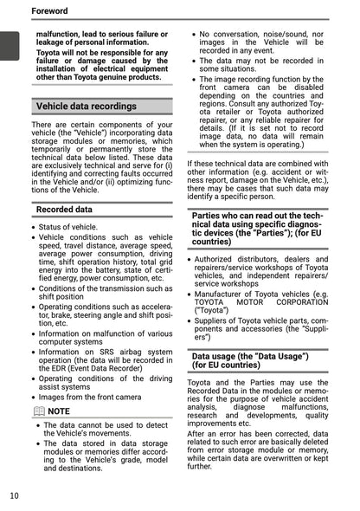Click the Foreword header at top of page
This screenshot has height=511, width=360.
[x=49, y=10]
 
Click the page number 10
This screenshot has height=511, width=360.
[x=15, y=495]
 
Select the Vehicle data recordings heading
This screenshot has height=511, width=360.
[x=86, y=107]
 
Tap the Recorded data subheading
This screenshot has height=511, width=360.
[x=65, y=210]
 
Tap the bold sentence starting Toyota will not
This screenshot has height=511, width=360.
[x=101, y=65]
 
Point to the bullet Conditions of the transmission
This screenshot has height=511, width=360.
[x=105, y=292]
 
